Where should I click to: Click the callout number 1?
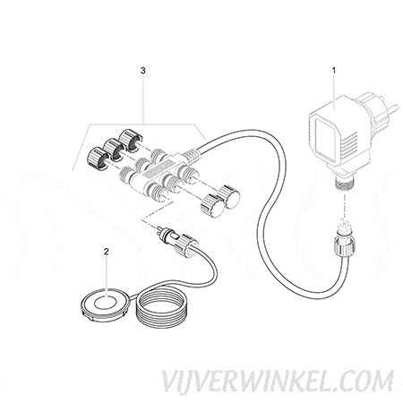334,71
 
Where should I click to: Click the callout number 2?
106,252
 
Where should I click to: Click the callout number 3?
143,71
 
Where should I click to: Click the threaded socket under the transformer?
344,182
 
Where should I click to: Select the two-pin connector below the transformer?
346,239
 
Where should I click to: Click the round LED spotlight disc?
106,304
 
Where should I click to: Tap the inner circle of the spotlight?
106,302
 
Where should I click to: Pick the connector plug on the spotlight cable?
176,240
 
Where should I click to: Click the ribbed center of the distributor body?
155,173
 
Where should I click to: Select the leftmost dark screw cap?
97,158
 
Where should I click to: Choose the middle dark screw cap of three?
113,149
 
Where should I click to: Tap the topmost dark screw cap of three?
130,139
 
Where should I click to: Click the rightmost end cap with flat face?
229,197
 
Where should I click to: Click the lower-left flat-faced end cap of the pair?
212,205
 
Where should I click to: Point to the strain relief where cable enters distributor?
191,154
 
